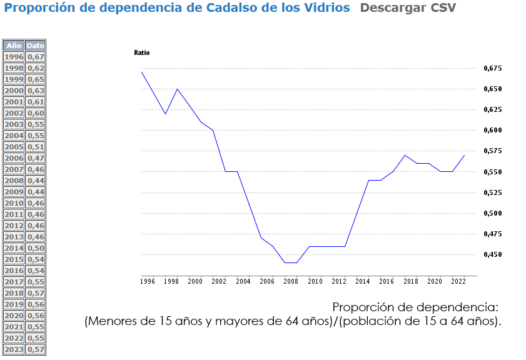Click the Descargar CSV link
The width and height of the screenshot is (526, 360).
pos(408,8)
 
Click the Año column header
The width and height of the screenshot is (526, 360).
pos(14,46)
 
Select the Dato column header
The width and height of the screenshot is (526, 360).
pos(36,46)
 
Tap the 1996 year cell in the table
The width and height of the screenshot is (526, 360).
pos(14,57)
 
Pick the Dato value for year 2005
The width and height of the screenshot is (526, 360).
pos(36,147)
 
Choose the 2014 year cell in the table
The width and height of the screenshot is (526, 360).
pos(14,248)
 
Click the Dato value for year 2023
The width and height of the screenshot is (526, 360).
pos(36,349)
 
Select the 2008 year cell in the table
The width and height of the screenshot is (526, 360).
pos(14,181)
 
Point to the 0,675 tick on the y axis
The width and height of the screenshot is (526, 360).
pos(493,68)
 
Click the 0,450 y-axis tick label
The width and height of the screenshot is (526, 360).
pos(493,255)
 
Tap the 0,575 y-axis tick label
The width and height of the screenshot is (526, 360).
pos(493,151)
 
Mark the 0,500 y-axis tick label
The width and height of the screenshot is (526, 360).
pos(493,213)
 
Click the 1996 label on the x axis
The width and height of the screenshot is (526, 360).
pos(147,282)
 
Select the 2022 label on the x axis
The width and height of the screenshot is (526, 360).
pos(458,282)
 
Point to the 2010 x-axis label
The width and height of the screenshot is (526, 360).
pos(315,282)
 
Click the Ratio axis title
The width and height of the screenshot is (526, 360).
pos(142,52)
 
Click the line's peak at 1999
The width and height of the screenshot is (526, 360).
pos(178,89)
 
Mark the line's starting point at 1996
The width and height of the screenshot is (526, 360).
pos(142,72)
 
